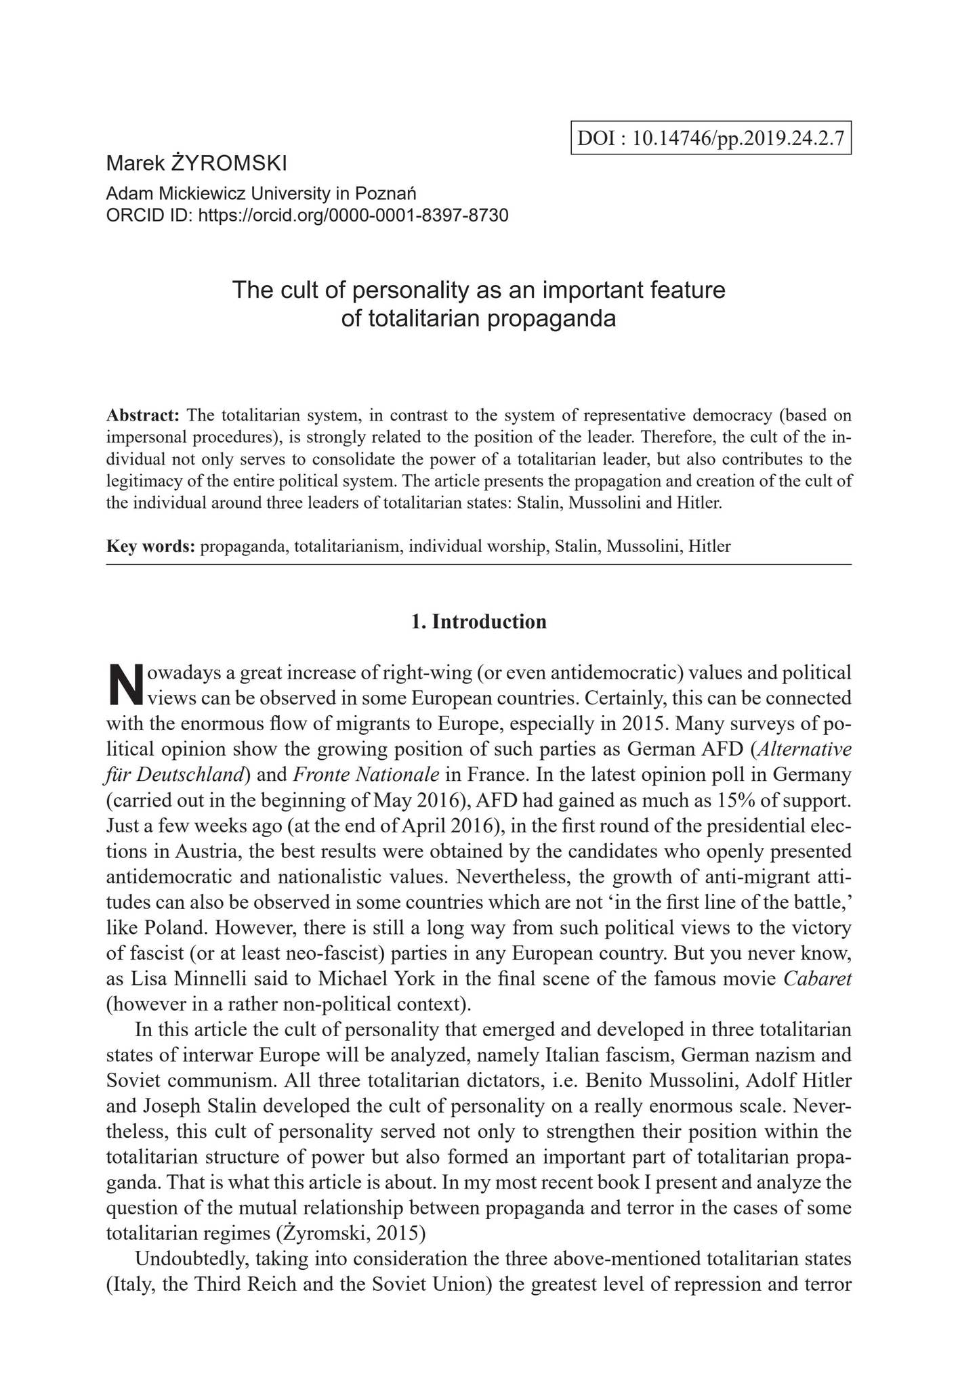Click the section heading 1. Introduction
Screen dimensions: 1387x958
pos(479,622)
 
